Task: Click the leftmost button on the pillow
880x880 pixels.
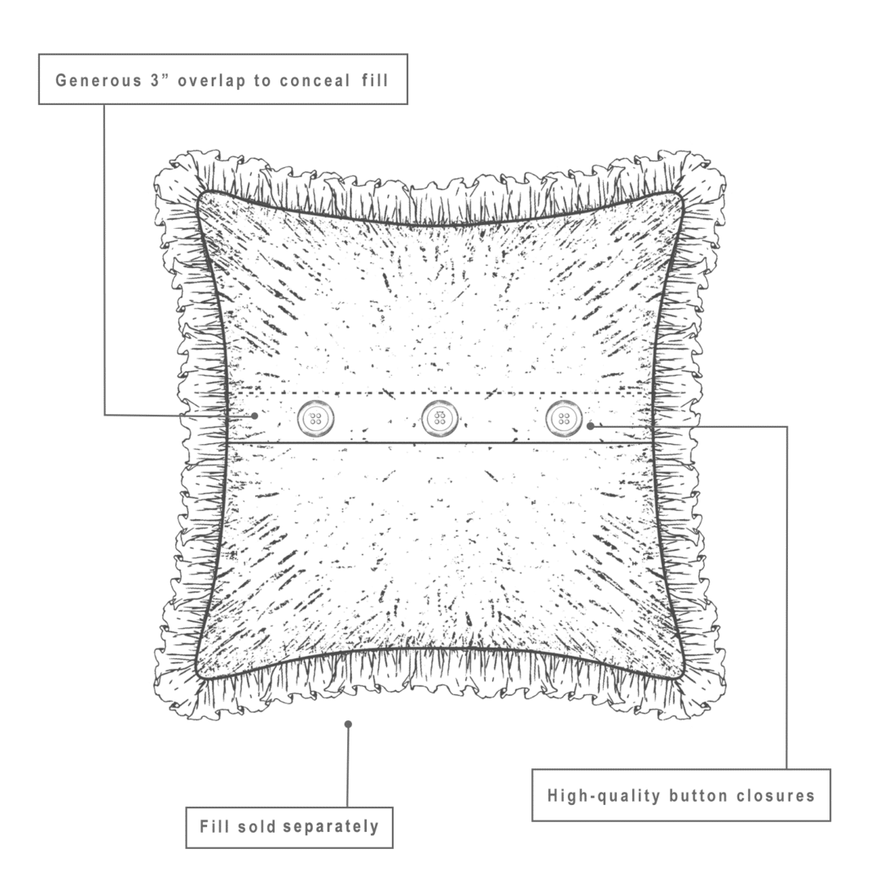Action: tap(315, 419)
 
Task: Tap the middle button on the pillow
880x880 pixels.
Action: tap(440, 419)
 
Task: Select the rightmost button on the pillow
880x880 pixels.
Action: tap(564, 419)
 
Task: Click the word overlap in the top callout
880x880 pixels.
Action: tap(212, 80)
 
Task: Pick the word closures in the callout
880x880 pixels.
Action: tap(775, 795)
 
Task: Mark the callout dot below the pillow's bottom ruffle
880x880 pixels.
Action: tap(348, 724)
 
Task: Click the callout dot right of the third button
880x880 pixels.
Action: tap(590, 425)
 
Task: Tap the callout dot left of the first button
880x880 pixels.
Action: tap(255, 415)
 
